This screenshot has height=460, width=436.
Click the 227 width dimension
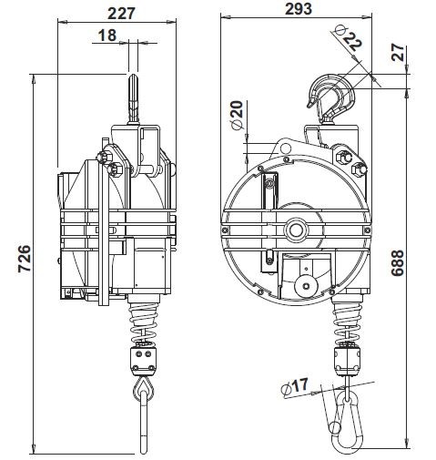tap(121, 13)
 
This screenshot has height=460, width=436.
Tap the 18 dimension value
tap(107, 36)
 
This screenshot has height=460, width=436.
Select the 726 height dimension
tap(25, 259)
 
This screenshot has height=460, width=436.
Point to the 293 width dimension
tap(299, 8)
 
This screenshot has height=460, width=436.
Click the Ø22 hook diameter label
tap(349, 38)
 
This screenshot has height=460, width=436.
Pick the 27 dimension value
tap(398, 52)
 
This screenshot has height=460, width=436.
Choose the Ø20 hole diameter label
tap(237, 115)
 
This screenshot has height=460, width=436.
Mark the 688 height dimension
tap(397, 263)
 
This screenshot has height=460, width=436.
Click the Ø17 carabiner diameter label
tap(294, 387)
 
